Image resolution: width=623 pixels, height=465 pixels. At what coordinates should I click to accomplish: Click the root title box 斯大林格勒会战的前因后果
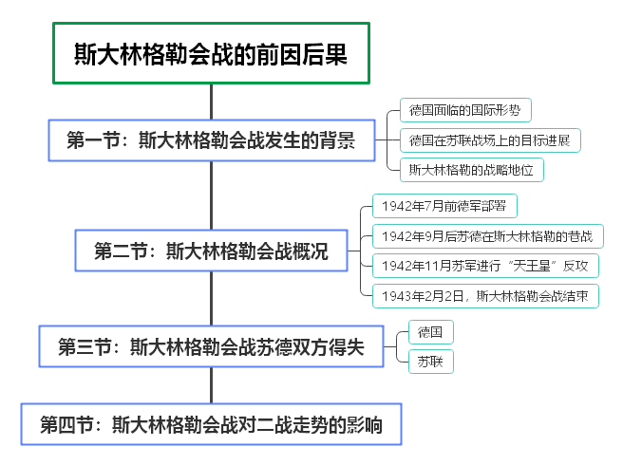(x=211, y=54)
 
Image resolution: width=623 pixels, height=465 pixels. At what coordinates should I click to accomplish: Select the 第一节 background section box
(x=211, y=140)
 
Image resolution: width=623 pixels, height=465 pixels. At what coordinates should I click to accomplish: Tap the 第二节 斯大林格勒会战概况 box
(x=211, y=251)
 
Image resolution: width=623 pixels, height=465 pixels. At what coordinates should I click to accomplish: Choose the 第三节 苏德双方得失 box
(x=211, y=346)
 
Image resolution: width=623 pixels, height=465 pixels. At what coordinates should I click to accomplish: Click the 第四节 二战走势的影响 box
(x=211, y=424)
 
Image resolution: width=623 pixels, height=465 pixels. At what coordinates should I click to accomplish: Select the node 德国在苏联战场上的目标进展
(x=489, y=140)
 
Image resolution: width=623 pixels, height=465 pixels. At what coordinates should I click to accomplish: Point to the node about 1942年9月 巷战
(x=487, y=236)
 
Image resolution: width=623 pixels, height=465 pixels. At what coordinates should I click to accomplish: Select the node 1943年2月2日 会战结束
(x=485, y=296)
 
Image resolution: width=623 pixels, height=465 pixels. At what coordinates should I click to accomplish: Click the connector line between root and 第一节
(x=211, y=101)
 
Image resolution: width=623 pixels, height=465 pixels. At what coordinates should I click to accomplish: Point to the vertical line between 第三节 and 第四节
(x=211, y=385)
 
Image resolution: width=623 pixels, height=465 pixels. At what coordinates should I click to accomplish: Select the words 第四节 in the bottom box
(x=63, y=424)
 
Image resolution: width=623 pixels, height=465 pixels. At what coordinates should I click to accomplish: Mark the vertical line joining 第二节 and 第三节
(x=211, y=299)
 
